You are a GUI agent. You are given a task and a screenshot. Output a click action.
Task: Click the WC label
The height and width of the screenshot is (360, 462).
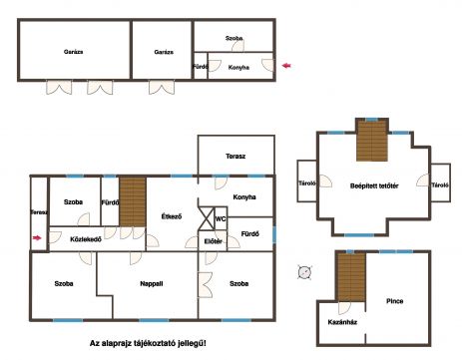coord(221,219)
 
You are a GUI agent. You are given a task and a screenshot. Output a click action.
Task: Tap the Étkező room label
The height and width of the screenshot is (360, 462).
coord(172,216)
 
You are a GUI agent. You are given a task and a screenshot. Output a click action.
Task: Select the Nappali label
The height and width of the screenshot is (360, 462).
coord(152,284)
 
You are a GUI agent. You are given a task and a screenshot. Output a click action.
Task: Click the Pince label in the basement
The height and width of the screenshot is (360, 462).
coord(395,301)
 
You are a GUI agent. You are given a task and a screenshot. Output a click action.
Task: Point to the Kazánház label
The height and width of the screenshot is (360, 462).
coord(342,322)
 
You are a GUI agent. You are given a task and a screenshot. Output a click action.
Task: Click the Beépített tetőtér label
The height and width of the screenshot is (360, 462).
coord(374,185)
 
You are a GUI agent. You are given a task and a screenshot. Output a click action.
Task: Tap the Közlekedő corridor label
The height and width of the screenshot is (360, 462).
coord(86,239)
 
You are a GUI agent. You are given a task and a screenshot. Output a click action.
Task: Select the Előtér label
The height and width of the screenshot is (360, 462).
coord(214,241)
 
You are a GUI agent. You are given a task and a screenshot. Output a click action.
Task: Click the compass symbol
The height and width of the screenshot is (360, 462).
coord(304,272)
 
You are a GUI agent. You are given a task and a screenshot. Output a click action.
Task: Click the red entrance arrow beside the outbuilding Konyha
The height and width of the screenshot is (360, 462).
coord(286,66)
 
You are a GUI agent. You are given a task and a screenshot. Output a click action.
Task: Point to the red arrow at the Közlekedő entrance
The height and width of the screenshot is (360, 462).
coord(37,237)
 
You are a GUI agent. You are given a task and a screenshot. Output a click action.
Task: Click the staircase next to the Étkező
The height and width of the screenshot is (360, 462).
coord(133,201)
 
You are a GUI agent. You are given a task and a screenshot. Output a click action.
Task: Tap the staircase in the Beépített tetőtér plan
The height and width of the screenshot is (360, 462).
coord(372,141)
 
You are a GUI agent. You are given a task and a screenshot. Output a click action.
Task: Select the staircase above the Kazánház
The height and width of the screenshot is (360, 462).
coord(352,277)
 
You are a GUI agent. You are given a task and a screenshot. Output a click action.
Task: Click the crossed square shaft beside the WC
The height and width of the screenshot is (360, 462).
coord(207,218)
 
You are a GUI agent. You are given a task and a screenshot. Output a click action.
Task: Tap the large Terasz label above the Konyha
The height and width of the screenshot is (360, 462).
coord(235,157)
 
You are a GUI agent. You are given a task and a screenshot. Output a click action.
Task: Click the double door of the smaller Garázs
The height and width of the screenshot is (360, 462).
coord(162,87)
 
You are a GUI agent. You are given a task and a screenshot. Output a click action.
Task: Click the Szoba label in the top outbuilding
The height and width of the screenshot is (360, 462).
coord(234,38)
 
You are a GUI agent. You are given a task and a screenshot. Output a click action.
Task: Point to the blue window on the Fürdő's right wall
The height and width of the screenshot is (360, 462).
coord(274,233)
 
